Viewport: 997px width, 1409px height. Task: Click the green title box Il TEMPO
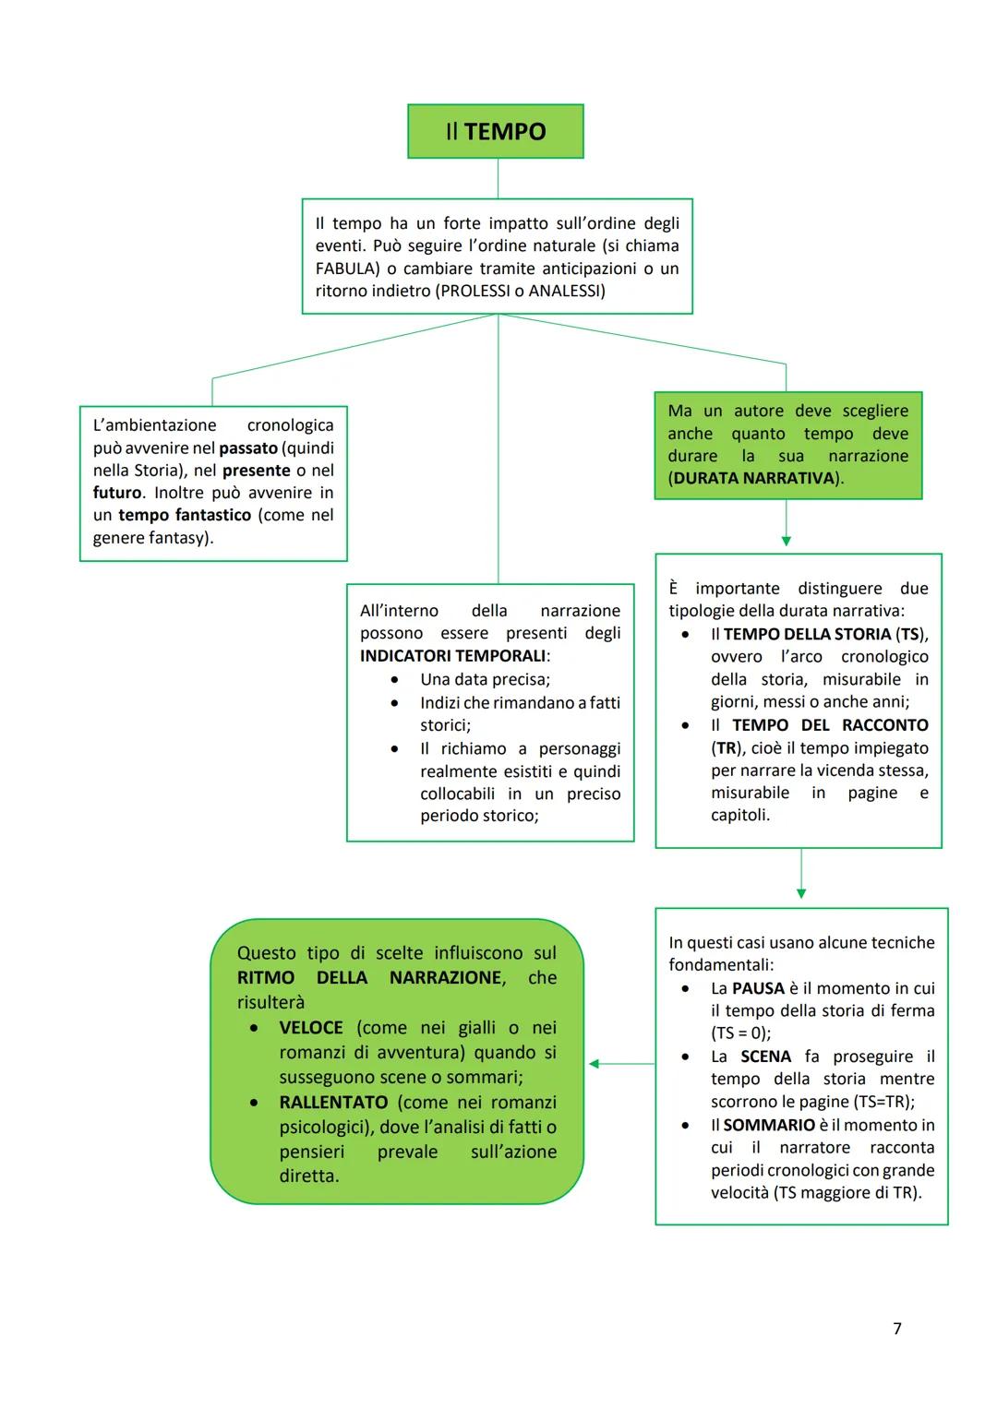point(496,131)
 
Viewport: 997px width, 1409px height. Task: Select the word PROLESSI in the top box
point(471,292)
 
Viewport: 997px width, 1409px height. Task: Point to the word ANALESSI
point(564,292)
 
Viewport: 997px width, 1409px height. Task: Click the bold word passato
point(248,448)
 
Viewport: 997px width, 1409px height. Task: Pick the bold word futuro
point(117,493)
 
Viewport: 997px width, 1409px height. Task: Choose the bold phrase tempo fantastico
point(185,515)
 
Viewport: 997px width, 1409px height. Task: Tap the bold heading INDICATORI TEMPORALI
point(452,656)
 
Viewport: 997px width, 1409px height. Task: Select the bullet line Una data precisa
point(485,679)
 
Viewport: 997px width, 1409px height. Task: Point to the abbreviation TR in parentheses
point(726,748)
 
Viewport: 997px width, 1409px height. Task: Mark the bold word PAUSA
point(758,988)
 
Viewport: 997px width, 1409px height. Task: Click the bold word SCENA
point(765,1057)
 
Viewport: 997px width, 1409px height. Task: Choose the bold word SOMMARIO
point(769,1125)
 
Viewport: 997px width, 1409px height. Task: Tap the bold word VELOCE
point(311,1028)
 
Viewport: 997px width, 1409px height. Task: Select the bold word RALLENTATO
point(333,1103)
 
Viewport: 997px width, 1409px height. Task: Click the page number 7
point(897,1329)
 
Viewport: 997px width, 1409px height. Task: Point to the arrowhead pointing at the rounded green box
point(595,1064)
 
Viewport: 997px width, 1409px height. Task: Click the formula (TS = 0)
point(740,1033)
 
